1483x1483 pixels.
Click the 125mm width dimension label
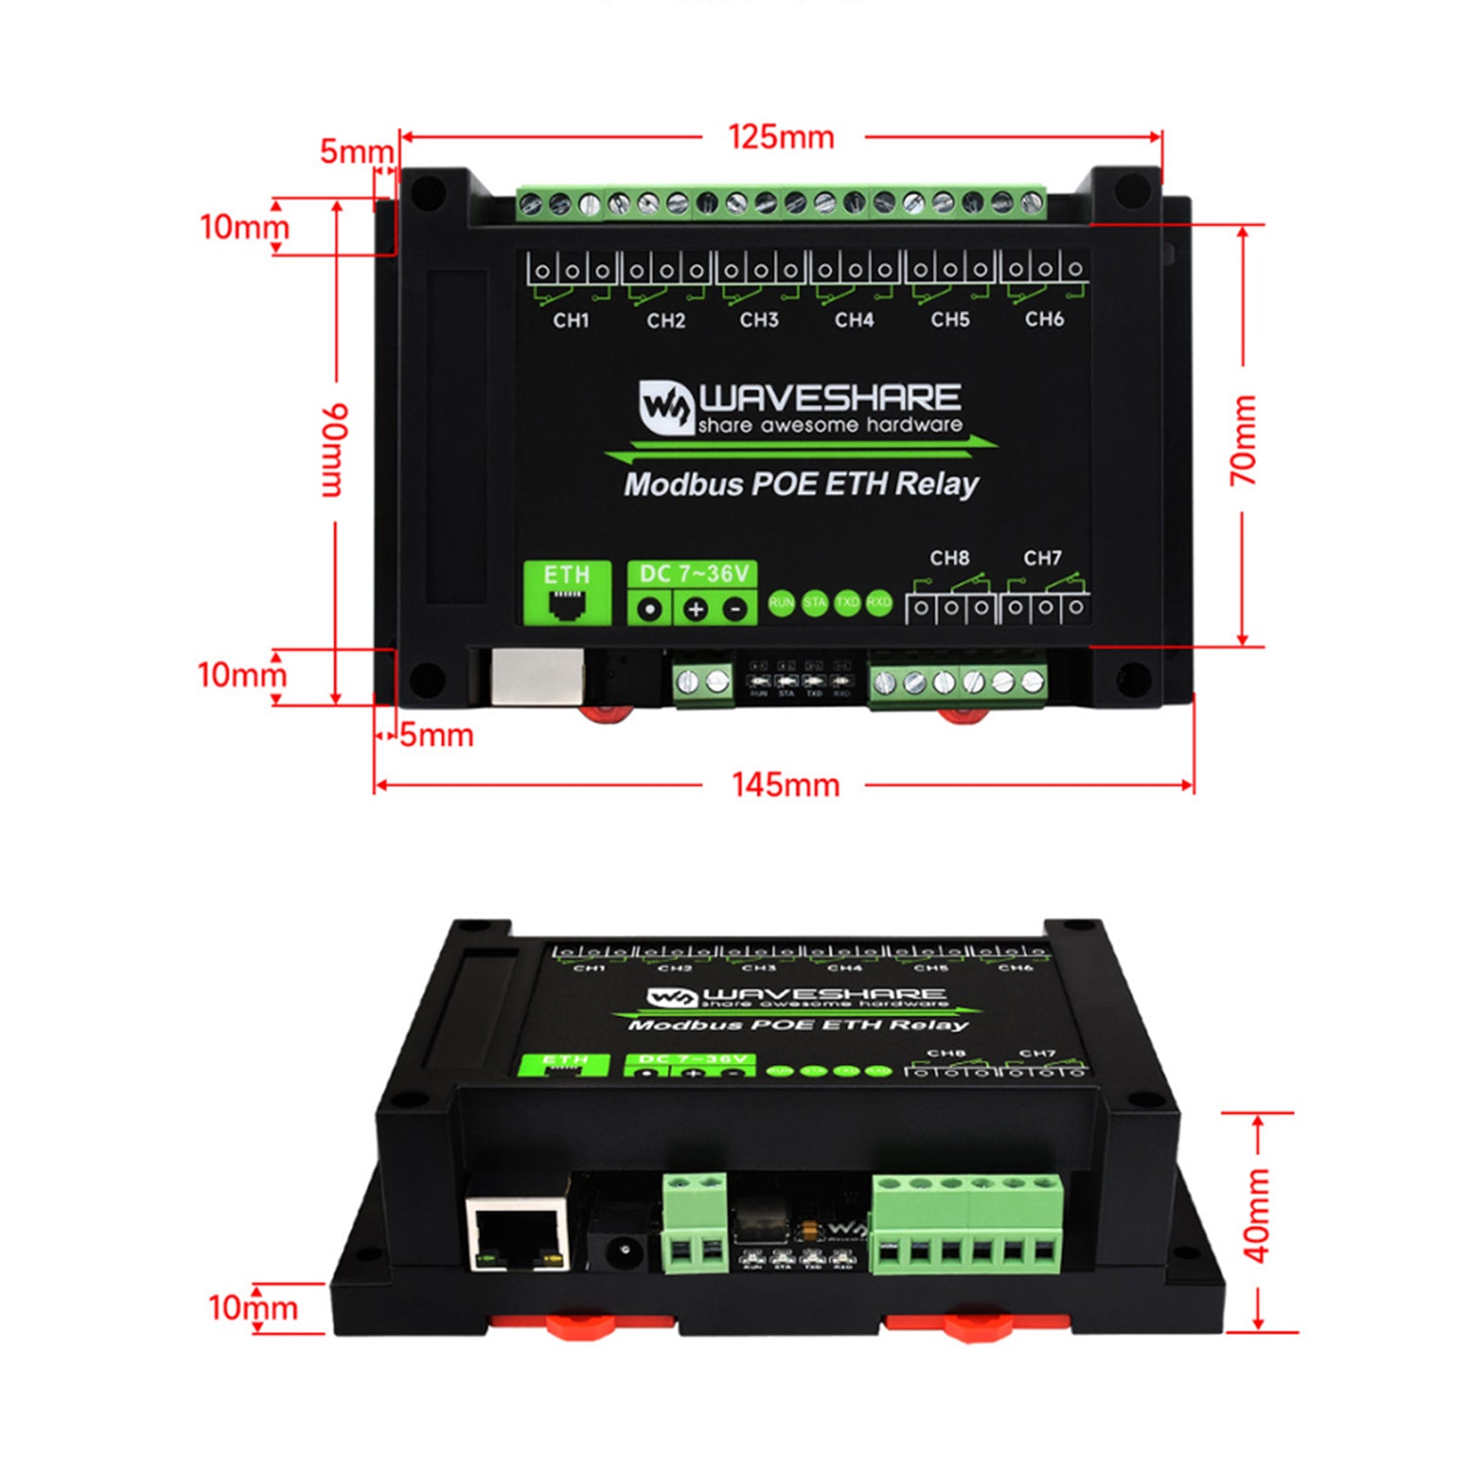click(781, 137)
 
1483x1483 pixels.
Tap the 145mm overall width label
click(785, 785)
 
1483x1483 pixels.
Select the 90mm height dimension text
click(334, 450)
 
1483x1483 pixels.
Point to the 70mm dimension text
click(1243, 440)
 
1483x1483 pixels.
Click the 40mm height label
click(1257, 1215)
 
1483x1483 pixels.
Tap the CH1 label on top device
click(571, 321)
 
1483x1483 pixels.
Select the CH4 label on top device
click(854, 321)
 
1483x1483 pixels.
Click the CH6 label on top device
click(1044, 320)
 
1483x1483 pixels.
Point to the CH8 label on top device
click(949, 558)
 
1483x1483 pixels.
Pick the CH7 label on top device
click(1043, 558)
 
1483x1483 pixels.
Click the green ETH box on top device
click(567, 593)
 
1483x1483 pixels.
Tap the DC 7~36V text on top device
click(693, 574)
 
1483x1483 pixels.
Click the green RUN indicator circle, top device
click(781, 603)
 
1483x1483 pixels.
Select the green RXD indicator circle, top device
click(879, 603)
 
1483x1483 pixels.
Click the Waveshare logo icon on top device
click(666, 407)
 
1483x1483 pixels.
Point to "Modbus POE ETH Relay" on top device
click(801, 484)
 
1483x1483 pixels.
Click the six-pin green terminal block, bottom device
click(967, 1223)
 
